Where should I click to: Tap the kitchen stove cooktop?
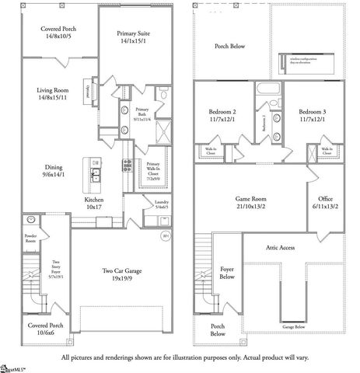[x=125, y=165]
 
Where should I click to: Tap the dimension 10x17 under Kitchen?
[x=94, y=207]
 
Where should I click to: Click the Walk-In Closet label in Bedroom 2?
[x=211, y=152]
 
